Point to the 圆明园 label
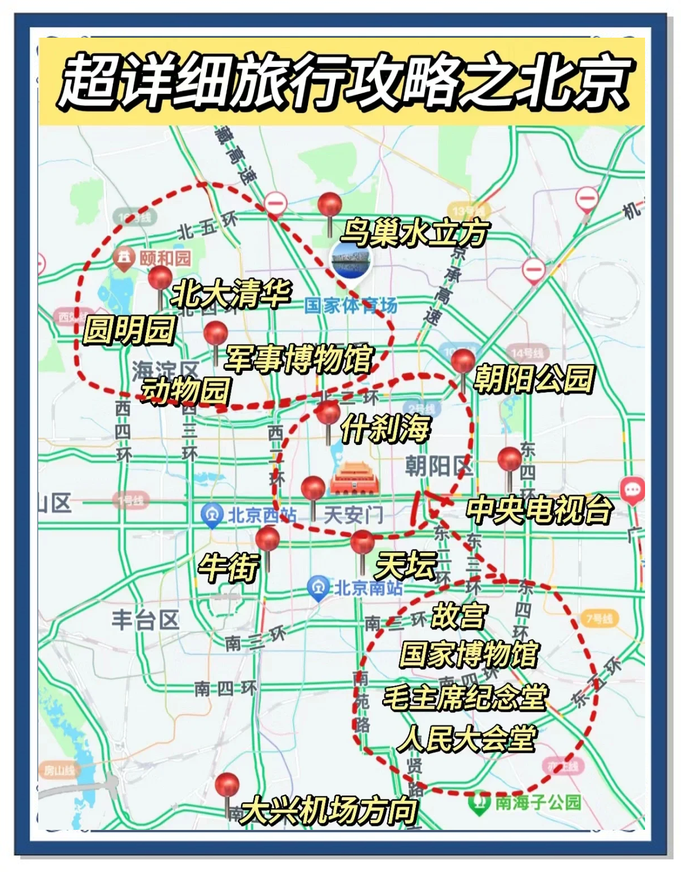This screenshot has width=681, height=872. coord(129,330)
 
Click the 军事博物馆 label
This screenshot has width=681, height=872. coord(298,358)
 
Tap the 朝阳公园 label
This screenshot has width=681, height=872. coord(534,378)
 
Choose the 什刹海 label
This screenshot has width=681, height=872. coord(385,429)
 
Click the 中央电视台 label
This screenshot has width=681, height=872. coord(539,510)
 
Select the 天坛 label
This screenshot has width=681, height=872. coord(405,565)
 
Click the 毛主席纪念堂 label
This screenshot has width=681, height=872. coord(465,697)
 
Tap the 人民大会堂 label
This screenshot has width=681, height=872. coord(466,738)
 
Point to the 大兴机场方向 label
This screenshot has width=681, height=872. coord(329,810)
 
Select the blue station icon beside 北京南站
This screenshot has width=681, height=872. coord(319,588)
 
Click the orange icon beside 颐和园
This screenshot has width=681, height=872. coord(124,258)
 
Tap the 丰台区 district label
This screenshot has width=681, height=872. coord(146,620)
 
